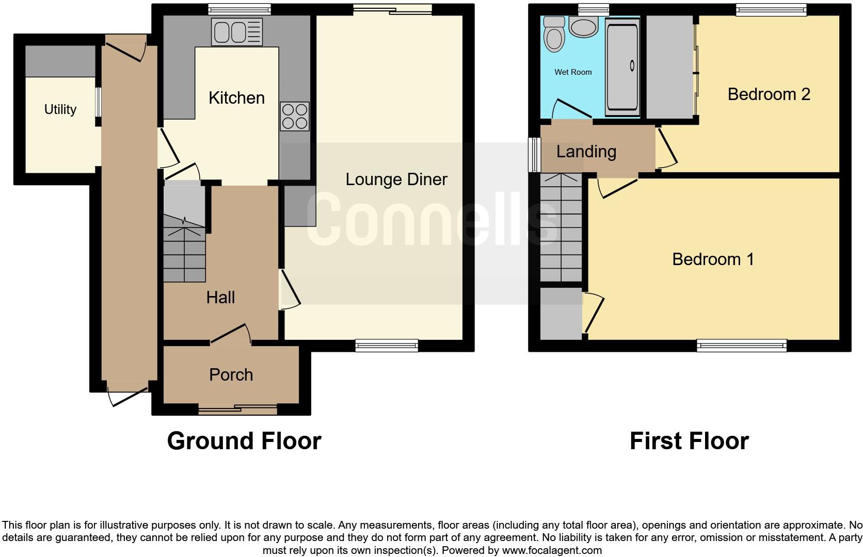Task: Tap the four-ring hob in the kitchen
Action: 295,116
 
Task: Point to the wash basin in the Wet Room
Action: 583,27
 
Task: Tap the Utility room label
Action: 60,109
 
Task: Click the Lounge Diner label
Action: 396,179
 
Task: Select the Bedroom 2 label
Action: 769,94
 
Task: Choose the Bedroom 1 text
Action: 713,259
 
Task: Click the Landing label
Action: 586,152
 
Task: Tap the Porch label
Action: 231,374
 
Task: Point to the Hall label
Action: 220,297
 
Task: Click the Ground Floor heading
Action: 244,441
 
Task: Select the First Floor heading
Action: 689,441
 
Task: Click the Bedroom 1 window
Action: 741,345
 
